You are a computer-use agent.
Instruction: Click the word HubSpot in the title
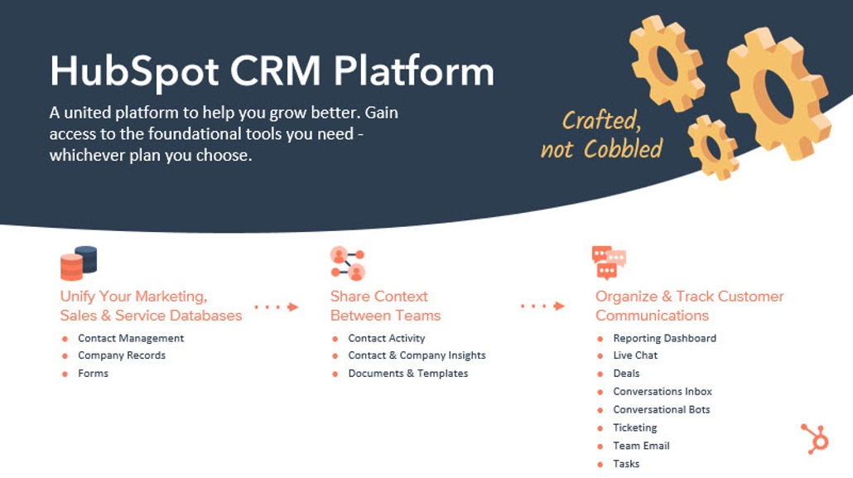(x=134, y=71)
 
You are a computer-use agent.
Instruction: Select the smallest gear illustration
(x=713, y=147)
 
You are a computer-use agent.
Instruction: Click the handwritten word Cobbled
(x=623, y=148)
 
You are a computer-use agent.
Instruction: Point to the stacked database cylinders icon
(x=79, y=263)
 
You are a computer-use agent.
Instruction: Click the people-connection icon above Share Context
(x=348, y=263)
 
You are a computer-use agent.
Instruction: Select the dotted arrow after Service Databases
(x=277, y=307)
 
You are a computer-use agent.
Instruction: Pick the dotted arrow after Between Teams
(x=542, y=306)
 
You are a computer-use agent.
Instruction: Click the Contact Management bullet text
(x=131, y=338)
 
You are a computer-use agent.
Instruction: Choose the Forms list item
(x=93, y=374)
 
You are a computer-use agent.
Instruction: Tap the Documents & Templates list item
(x=408, y=374)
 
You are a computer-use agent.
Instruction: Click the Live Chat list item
(x=635, y=355)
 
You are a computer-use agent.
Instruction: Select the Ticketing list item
(x=635, y=428)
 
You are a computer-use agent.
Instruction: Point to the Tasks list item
(x=626, y=464)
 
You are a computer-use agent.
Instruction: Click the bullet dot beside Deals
(x=600, y=374)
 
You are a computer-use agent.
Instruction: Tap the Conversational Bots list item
(x=662, y=409)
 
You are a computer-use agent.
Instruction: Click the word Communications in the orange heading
(x=653, y=316)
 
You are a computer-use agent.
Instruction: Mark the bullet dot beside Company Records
(x=65, y=356)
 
